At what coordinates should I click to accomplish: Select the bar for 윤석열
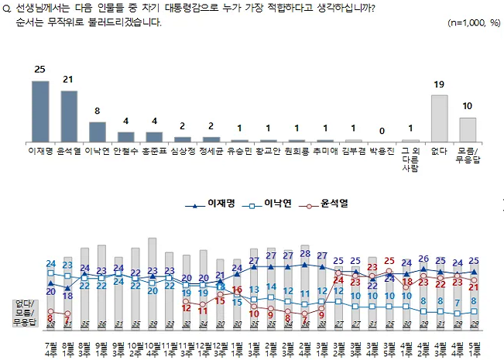69,117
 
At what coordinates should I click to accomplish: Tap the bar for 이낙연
98,132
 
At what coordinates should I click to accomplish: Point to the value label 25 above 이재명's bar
40,70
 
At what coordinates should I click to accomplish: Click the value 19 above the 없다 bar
440,84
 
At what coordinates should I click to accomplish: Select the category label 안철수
125,153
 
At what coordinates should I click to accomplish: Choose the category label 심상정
182,153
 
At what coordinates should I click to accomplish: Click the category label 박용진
382,153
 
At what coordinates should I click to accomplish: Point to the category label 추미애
325,153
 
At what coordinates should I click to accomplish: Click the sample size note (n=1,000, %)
474,22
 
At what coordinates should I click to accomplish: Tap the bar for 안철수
125,138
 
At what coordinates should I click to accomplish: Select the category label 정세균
211,153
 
